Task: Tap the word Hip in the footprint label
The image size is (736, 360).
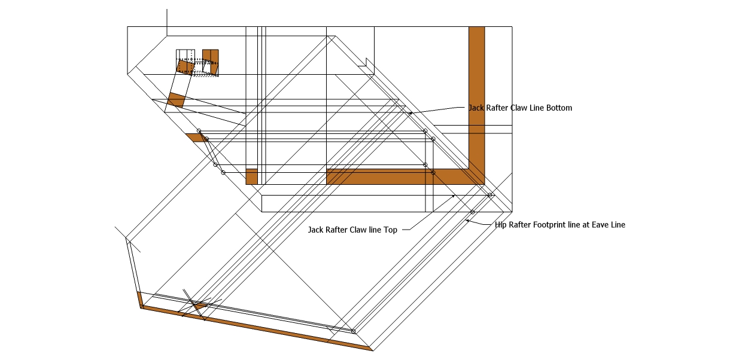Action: (x=501, y=225)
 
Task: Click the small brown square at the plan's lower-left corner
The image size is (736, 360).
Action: (x=251, y=176)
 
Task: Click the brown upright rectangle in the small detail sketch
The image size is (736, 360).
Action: (x=211, y=56)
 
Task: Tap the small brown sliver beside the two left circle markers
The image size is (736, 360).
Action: (x=195, y=137)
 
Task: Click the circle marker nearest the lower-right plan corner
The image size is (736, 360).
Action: (x=490, y=195)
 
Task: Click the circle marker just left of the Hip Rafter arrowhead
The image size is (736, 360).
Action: (x=472, y=212)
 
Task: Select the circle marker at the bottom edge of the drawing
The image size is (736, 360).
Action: (x=353, y=331)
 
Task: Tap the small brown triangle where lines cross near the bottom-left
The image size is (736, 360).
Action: (x=199, y=306)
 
